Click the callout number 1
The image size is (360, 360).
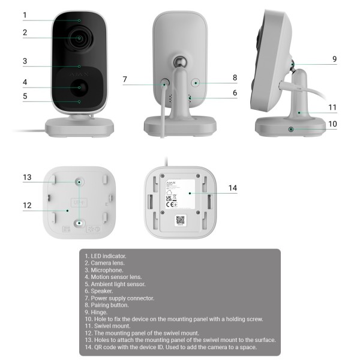point(25,14)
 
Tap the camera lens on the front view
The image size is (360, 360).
point(79,38)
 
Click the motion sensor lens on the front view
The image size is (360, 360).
point(79,87)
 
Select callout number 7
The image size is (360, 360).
point(125,79)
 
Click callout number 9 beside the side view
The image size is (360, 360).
point(334,59)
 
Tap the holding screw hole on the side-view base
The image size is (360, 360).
point(292,129)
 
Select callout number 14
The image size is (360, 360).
point(232,188)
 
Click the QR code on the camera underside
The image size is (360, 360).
point(181,220)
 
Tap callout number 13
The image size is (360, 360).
point(26,177)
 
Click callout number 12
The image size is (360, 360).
point(26,205)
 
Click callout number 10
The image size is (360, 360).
point(333,124)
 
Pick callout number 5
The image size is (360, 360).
point(25,95)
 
